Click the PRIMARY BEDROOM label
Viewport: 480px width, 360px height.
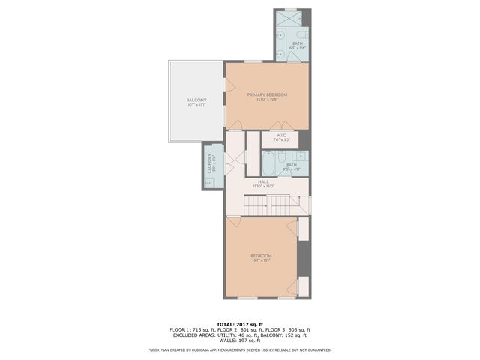(x=267, y=95)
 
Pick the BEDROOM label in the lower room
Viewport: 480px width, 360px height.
(x=261, y=256)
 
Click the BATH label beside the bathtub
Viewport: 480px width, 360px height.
(x=291, y=165)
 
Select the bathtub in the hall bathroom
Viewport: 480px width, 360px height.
(x=269, y=163)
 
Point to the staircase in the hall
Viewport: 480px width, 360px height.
(x=270, y=204)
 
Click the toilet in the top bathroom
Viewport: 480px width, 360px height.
(x=301, y=34)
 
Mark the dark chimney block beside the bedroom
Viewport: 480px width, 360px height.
(x=304, y=259)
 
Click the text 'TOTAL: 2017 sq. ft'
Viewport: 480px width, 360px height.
(x=239, y=323)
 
